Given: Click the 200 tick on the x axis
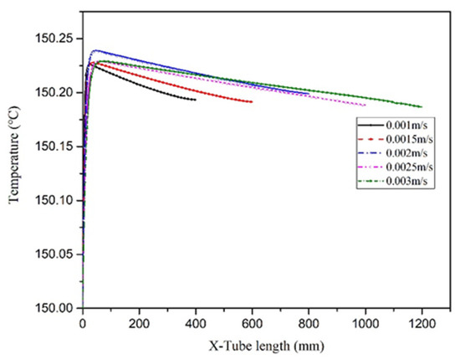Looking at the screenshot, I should pos(139,323).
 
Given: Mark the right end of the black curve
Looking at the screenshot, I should pos(195,100).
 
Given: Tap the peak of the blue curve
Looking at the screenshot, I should pos(95,50).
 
